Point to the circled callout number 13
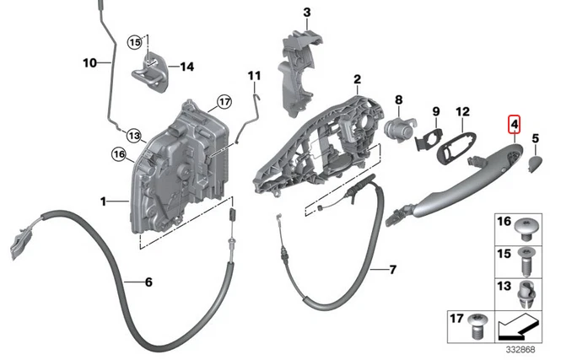click(x=132, y=135)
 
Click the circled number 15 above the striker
click(x=135, y=42)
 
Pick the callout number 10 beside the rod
click(x=90, y=62)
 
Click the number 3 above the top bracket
click(x=306, y=12)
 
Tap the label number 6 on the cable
click(x=148, y=282)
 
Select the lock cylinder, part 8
click(x=396, y=130)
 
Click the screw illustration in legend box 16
click(x=528, y=228)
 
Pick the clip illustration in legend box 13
click(x=527, y=294)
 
